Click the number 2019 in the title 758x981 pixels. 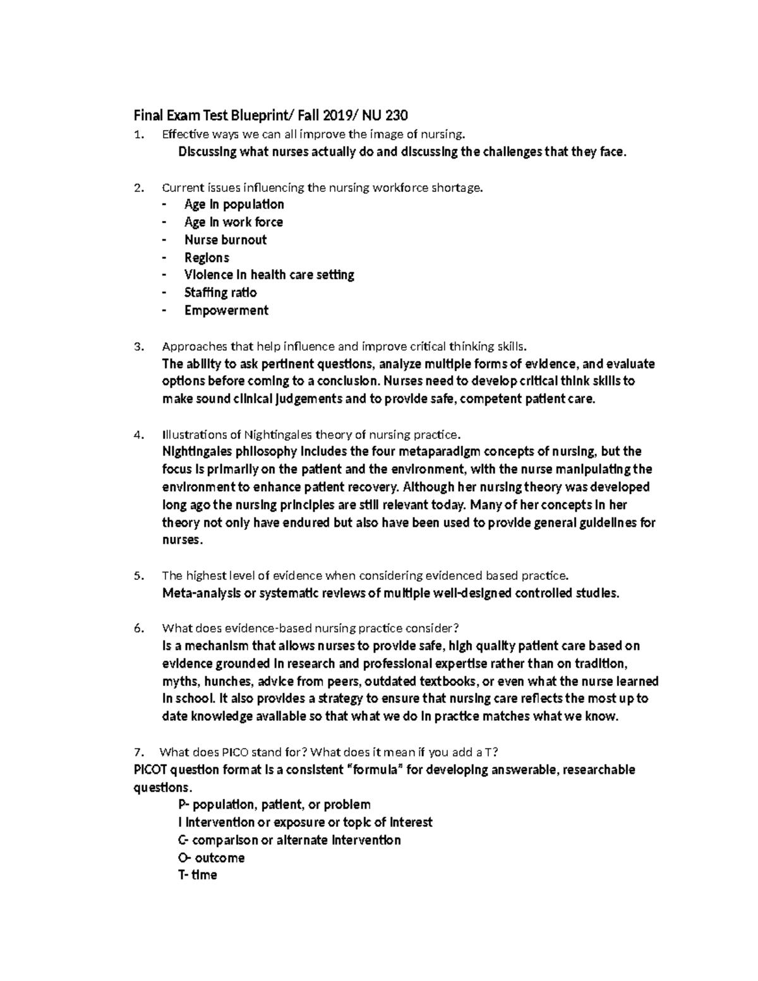pyautogui.click(x=339, y=116)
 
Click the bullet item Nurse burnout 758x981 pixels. pyautogui.click(x=225, y=240)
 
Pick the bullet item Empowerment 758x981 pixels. pyautogui.click(x=226, y=311)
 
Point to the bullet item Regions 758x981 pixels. pyautogui.click(x=207, y=258)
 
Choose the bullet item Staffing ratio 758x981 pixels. pyautogui.click(x=220, y=293)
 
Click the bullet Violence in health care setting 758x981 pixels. pyautogui.click(x=269, y=275)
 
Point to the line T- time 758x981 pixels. pyautogui.click(x=198, y=876)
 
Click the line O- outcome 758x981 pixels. pyautogui.click(x=211, y=858)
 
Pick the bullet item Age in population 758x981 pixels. pyautogui.click(x=234, y=205)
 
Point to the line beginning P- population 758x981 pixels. pyautogui.click(x=274, y=805)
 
